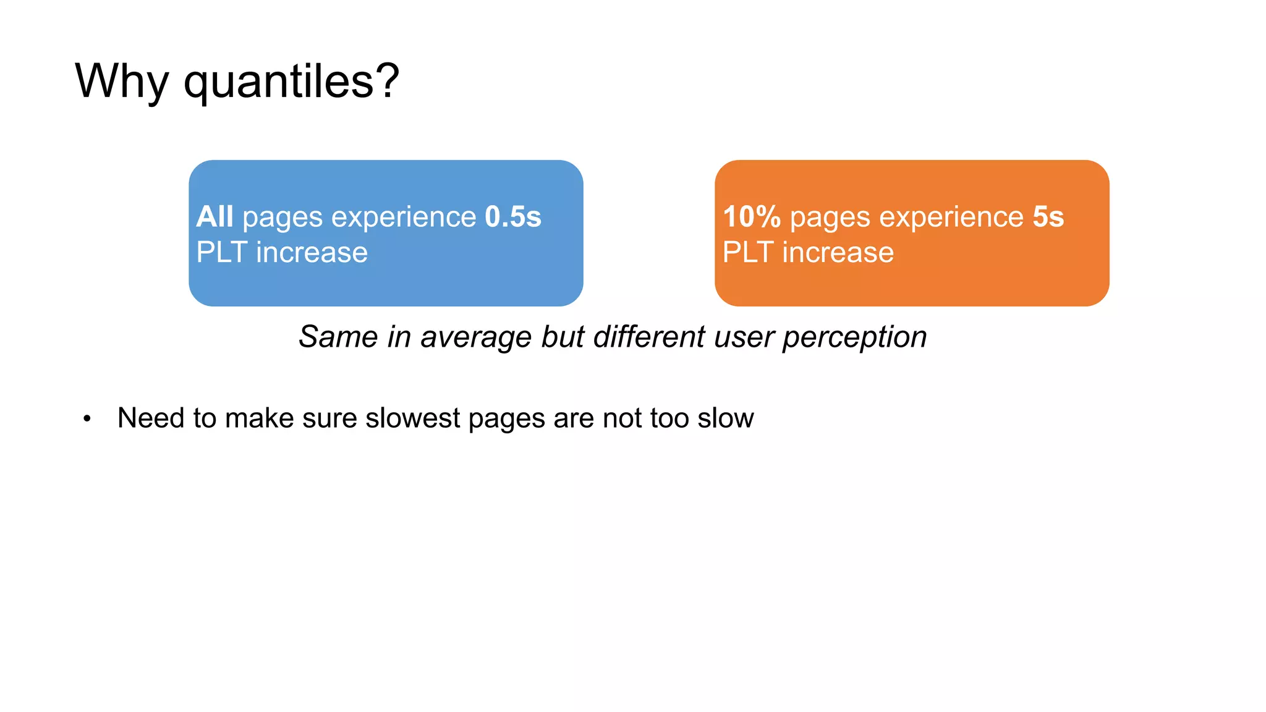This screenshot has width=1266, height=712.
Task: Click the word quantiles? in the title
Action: tap(292, 82)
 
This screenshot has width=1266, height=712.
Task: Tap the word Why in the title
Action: tap(122, 82)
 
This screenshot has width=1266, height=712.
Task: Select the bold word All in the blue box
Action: tap(215, 217)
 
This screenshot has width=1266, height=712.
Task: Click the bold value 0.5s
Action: tap(513, 217)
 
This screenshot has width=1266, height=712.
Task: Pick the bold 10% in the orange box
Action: tap(752, 217)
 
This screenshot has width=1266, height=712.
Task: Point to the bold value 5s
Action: tap(1048, 217)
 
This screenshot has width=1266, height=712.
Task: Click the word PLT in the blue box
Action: tap(221, 253)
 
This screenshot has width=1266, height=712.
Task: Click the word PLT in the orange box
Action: tap(748, 253)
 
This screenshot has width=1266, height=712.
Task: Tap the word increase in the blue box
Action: tap(312, 253)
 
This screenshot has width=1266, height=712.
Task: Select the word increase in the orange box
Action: tap(838, 253)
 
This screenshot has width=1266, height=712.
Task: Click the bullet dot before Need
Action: tap(87, 419)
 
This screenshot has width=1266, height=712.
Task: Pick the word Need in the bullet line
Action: tap(151, 418)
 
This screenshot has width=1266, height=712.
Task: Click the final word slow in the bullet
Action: tap(726, 418)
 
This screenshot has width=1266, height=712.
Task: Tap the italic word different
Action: tap(649, 337)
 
